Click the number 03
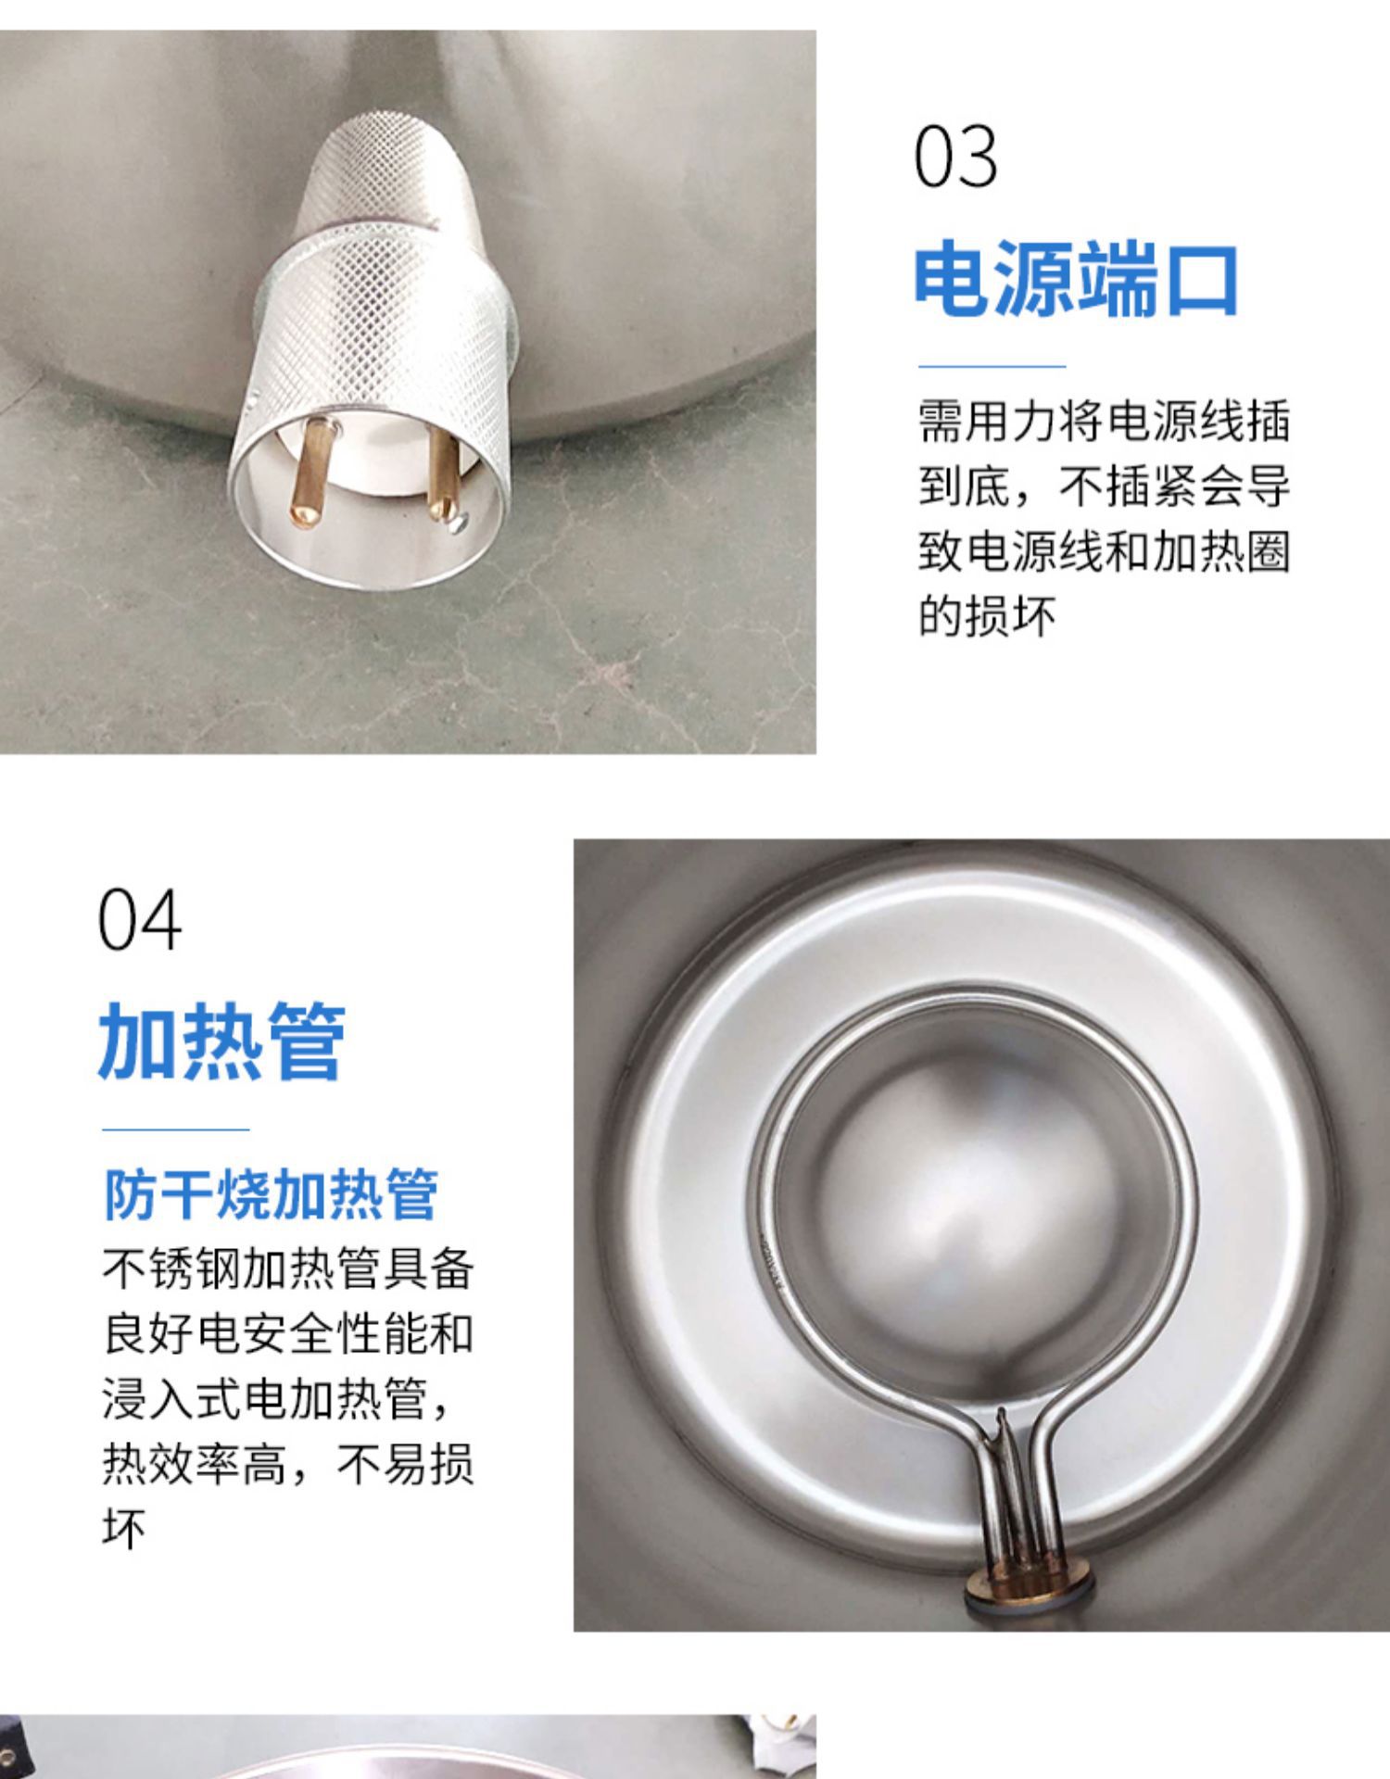click(955, 157)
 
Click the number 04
click(139, 920)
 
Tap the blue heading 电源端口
click(1076, 279)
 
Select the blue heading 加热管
click(221, 1041)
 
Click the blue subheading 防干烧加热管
click(270, 1195)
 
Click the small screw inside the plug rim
click(456, 525)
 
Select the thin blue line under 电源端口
click(992, 366)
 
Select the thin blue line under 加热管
click(175, 1129)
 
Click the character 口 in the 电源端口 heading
click(1201, 279)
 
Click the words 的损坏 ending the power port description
click(987, 615)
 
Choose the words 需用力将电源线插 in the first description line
click(1104, 421)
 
